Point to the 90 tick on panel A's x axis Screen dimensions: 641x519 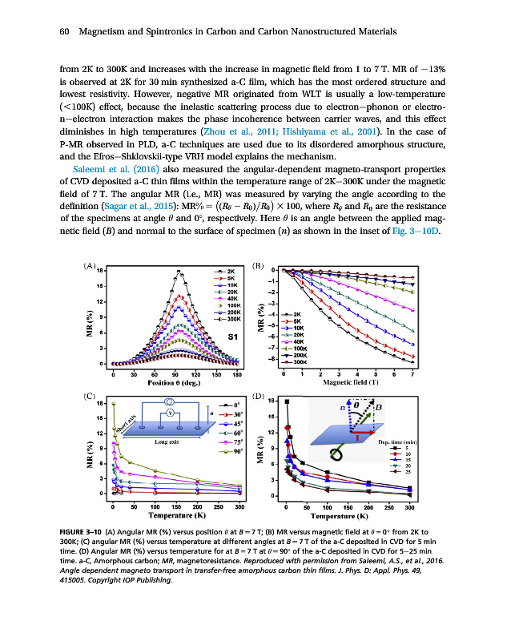pos(175,374)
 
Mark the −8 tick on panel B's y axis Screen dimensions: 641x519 pos(274,358)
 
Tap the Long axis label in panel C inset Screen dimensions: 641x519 pos(167,441)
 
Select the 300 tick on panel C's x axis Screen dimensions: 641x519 pos(239,507)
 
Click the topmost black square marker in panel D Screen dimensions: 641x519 pos(287,401)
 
